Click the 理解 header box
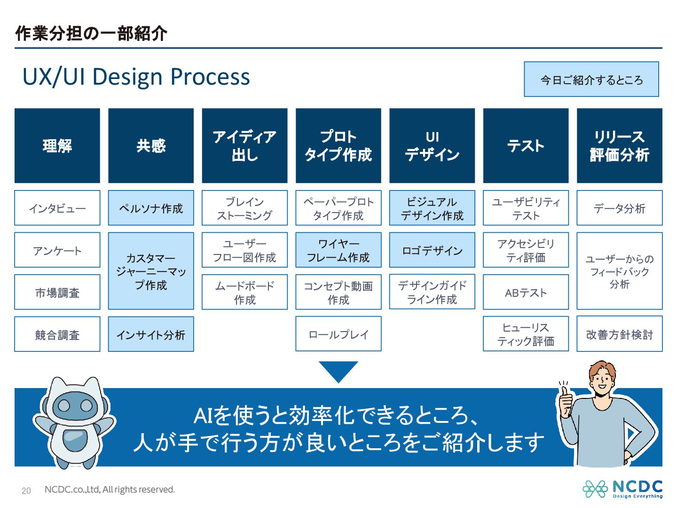57,146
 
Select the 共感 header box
151,146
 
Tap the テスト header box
526,146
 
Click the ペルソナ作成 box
151,208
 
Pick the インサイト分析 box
151,334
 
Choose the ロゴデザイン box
432,250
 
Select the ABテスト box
526,293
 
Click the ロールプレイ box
338,334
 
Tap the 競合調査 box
57,334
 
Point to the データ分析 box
619,208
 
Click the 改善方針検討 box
619,334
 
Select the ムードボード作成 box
244,293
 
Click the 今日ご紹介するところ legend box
591,79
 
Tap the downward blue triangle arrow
338,371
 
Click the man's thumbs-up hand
566,400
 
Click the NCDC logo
622,489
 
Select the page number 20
26,491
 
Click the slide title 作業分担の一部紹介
91,33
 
